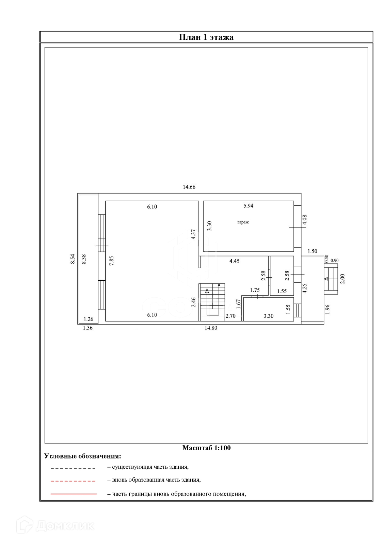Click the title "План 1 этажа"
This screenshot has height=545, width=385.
[x=206, y=37]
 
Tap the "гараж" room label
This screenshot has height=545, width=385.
[x=243, y=222]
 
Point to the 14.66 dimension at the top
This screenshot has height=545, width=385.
[x=189, y=187]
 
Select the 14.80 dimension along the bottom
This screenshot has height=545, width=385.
[x=211, y=328]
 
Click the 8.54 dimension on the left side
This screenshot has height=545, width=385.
[x=73, y=259]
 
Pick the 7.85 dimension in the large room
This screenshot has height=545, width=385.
[x=111, y=261]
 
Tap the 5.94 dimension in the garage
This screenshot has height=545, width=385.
[x=248, y=206]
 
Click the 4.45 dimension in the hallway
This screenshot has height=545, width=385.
[x=234, y=261]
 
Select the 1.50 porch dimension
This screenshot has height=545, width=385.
[x=312, y=251]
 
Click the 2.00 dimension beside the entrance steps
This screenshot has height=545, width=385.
[x=342, y=279]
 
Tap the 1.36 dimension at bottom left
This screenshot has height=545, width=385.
[x=88, y=328]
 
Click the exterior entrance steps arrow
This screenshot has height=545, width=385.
[x=326, y=279]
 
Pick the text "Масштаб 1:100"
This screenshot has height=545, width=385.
[x=206, y=448]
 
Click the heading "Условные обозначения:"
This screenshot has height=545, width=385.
[x=82, y=456]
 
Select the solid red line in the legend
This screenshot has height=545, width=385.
[x=74, y=494]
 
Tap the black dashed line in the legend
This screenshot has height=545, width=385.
[x=73, y=468]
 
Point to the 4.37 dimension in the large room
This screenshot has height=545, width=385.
[x=193, y=234]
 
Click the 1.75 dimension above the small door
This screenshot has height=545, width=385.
[x=255, y=290]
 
